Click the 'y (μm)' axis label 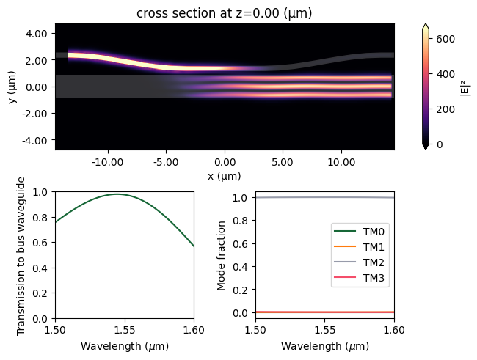coord(12,87)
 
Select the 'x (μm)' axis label coord(225,176)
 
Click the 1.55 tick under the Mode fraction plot coord(325,331)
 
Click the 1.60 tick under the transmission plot coord(194,331)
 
